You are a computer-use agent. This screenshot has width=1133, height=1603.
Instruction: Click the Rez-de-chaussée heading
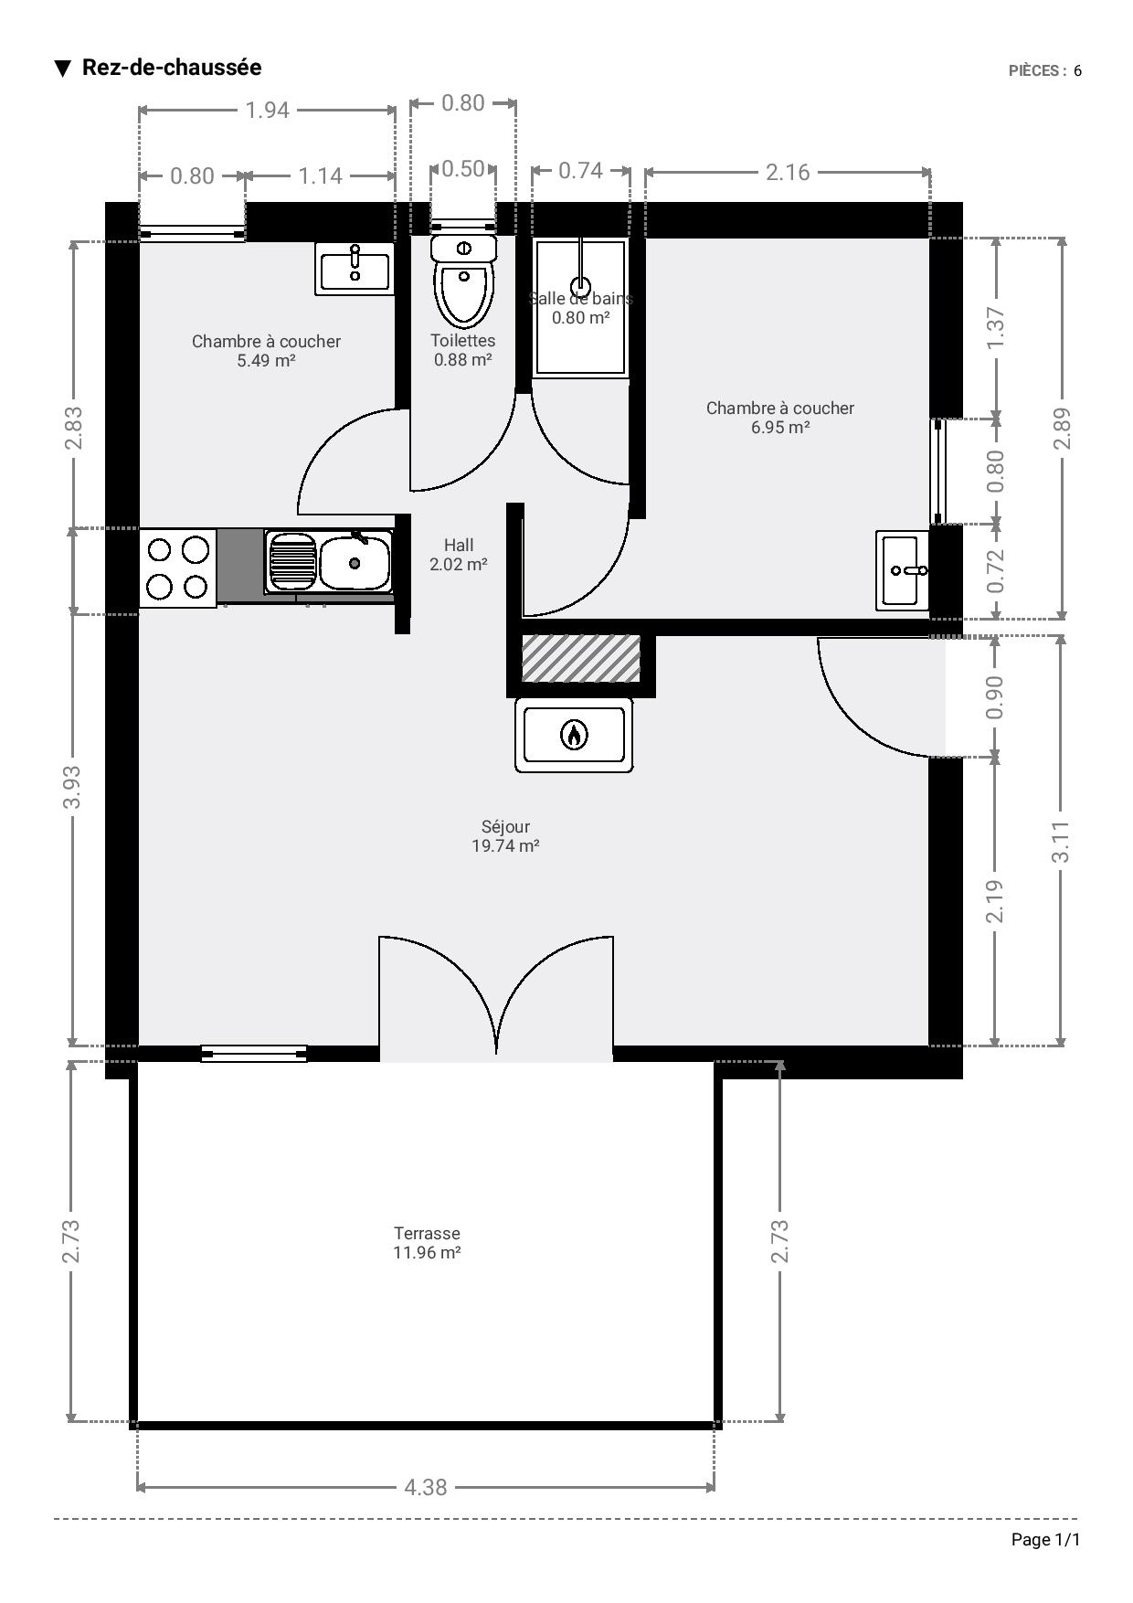(172, 68)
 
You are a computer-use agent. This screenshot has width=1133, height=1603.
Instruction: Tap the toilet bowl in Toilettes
(464, 294)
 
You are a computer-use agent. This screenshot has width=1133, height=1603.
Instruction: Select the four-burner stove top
(178, 568)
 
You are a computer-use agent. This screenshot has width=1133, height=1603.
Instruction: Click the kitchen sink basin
(355, 563)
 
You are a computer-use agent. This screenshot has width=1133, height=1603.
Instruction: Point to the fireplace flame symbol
(574, 734)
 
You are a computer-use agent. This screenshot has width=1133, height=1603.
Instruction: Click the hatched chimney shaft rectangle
(581, 658)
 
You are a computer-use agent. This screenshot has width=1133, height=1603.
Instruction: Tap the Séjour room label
(505, 836)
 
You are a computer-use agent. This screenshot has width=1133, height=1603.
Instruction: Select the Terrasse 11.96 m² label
(427, 1243)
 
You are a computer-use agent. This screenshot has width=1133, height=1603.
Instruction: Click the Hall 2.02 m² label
(459, 555)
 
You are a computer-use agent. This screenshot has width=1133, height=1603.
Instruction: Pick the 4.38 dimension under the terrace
(426, 1488)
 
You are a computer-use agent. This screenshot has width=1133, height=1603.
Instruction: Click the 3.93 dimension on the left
(72, 787)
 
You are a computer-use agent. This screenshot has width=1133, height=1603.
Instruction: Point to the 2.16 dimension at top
(788, 172)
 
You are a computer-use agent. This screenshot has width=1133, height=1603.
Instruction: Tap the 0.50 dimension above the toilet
(463, 168)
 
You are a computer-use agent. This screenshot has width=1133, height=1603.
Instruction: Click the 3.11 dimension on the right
(1061, 842)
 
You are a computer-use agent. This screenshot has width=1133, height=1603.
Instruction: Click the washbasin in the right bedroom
(903, 570)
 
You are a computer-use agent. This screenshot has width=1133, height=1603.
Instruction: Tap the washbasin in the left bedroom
(355, 269)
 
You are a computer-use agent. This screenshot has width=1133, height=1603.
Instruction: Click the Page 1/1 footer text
(1045, 1540)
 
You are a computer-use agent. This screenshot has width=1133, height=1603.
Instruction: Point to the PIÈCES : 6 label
(1045, 70)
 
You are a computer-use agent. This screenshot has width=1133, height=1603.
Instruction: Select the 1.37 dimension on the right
(996, 327)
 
